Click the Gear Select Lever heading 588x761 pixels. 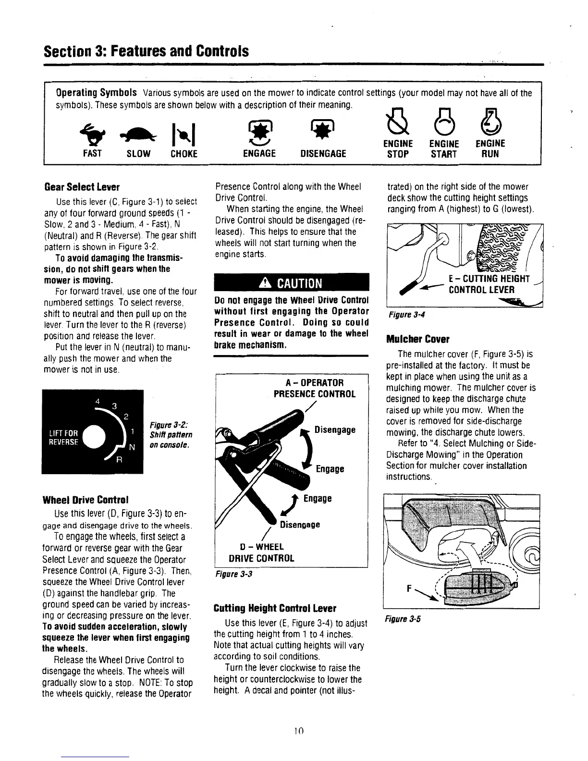(x=82, y=187)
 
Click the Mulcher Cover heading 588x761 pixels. (x=417, y=340)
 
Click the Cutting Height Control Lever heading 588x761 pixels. (x=275, y=609)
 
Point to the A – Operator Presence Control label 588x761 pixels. (x=314, y=388)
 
